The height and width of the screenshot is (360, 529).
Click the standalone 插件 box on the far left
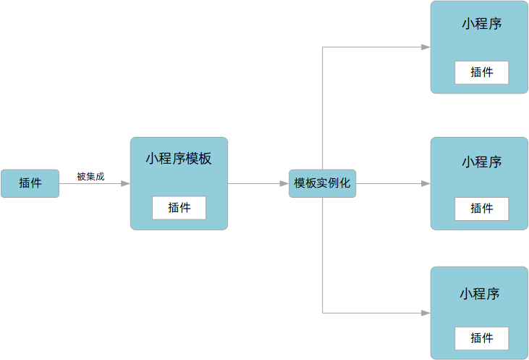coord(30,183)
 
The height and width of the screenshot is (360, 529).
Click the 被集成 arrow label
coord(90,176)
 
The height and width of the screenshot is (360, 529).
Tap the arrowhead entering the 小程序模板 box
coord(125,184)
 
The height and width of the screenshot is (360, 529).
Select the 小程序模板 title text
coord(179,159)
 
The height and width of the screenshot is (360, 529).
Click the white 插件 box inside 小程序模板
coord(179,208)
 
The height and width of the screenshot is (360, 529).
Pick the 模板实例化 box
coord(322,183)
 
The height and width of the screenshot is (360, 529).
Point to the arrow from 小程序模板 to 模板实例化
coord(257,184)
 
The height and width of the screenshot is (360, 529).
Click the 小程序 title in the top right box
coord(482,23)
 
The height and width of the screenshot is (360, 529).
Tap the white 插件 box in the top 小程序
coord(481,72)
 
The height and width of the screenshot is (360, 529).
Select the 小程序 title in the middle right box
coord(482,162)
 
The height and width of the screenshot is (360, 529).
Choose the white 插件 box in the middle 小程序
coord(481,209)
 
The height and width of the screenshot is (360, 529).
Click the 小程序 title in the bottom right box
coord(480,294)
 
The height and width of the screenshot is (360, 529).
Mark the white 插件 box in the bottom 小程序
coord(481,338)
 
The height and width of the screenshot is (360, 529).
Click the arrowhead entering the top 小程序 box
coord(426,47)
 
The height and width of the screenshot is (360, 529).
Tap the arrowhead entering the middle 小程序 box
coord(426,184)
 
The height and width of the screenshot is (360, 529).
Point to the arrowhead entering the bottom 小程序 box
coord(426,313)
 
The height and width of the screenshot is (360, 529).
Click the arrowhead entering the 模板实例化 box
coord(284,184)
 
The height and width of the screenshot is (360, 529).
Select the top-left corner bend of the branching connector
coord(323,47)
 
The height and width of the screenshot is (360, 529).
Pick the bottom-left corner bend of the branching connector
coord(323,313)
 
